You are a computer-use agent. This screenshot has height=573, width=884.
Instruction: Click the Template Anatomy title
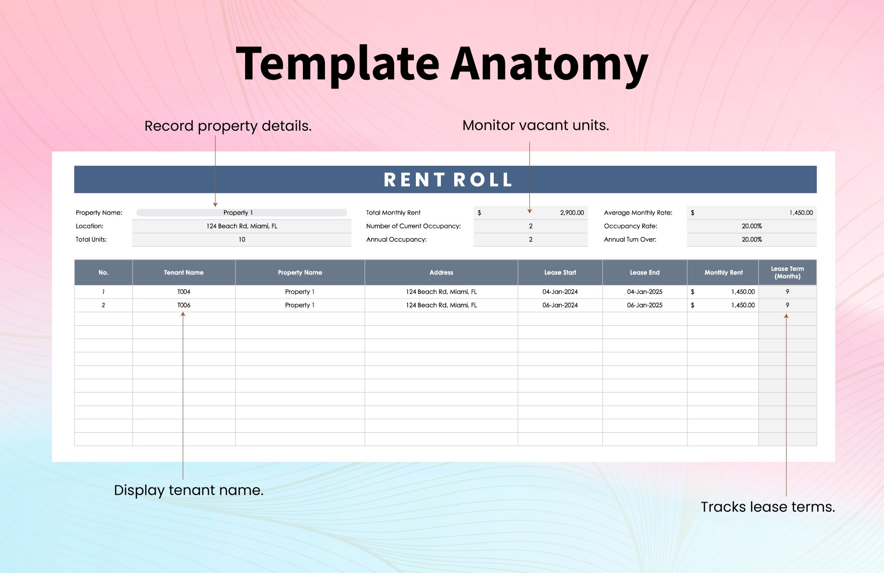point(442,64)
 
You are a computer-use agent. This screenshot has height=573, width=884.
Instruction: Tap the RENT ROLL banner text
point(448,180)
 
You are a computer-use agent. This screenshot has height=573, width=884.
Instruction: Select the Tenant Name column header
point(184,272)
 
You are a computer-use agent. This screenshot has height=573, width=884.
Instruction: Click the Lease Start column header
point(560,272)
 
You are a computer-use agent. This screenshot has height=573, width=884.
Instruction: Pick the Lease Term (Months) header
point(787,272)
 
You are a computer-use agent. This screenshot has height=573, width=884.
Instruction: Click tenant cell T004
point(184,292)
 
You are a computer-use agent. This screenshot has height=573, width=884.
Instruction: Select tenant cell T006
point(184,305)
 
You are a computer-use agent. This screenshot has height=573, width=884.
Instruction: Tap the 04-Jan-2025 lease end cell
point(644,292)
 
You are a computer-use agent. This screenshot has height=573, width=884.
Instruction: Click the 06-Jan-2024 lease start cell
point(560,305)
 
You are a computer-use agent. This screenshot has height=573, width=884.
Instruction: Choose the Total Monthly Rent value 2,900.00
point(572,213)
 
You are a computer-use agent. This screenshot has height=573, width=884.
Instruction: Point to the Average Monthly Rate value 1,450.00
point(801,213)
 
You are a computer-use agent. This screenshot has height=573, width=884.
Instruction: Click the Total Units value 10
point(242,240)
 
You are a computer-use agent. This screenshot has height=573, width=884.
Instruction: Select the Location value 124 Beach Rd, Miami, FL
point(242,226)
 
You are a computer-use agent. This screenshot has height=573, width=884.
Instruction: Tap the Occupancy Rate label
point(630,226)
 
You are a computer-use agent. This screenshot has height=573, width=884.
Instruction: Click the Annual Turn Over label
point(630,240)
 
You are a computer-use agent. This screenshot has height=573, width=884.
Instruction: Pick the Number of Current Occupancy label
point(413,226)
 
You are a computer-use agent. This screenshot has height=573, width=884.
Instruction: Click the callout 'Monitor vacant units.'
point(535,126)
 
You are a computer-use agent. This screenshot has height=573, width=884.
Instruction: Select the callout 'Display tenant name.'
point(189,490)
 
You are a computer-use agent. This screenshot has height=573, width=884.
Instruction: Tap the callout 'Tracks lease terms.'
point(767,507)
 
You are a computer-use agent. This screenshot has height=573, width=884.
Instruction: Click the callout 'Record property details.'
point(228,126)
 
